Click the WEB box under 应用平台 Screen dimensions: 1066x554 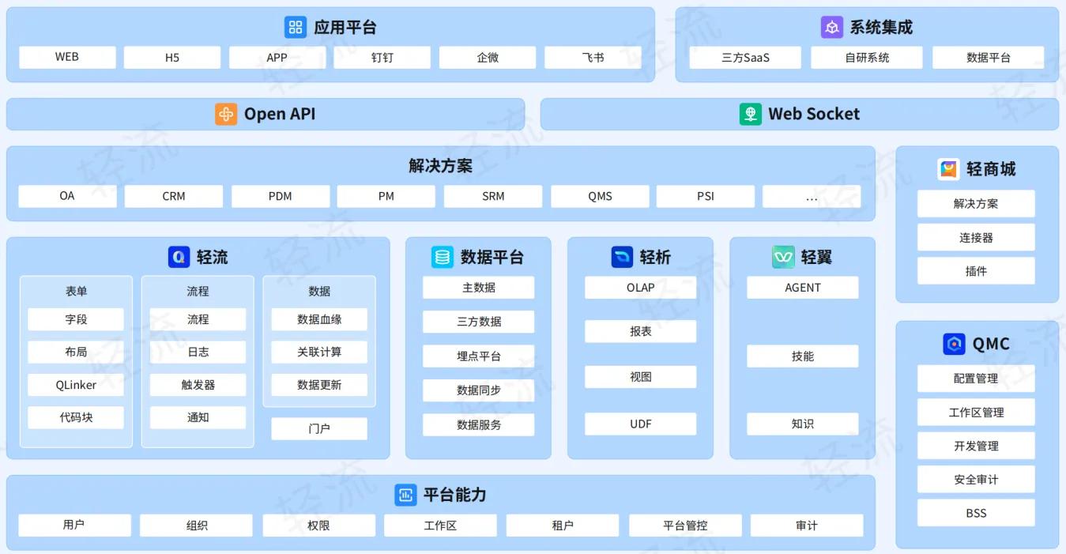pos(67,57)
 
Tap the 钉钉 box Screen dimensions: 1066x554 pos(382,57)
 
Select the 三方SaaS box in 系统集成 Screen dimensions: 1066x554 pos(745,57)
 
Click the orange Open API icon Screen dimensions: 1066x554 pos(226,115)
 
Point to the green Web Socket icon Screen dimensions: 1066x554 pos(751,115)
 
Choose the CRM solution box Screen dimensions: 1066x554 pos(174,196)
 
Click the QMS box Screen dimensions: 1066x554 pos(600,196)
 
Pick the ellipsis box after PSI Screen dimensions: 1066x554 pos(812,196)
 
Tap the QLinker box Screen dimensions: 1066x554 pos(76,385)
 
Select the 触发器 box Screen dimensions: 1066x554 pos(198,385)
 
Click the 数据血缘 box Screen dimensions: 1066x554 pos(319,319)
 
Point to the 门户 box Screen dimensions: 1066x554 pos(319,428)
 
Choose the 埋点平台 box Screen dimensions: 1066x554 pos(479,356)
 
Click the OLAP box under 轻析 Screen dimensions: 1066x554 pos(641,288)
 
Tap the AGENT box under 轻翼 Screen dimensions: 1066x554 pos(803,288)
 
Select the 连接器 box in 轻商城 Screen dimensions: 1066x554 pos(976,238)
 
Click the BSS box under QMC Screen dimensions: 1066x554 pos(976,513)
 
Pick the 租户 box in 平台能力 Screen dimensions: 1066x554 pos(563,526)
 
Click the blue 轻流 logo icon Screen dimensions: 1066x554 pos(179,257)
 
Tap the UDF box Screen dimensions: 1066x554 pos(641,424)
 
